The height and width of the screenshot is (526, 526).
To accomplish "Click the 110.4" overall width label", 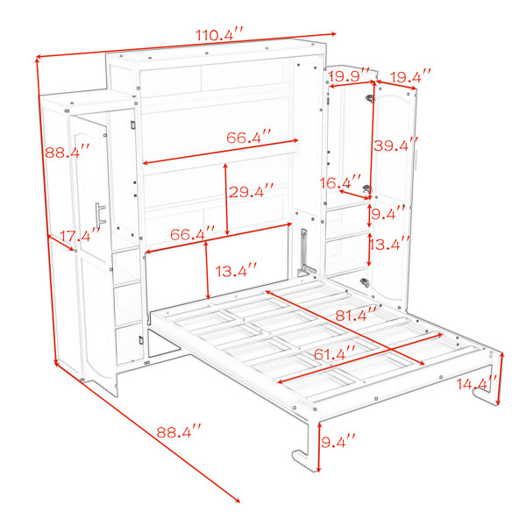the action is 218,34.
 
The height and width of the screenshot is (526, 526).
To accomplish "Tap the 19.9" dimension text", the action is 349,75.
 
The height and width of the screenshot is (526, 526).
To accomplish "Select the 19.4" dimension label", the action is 411,77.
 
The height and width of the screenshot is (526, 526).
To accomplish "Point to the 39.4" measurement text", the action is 396,146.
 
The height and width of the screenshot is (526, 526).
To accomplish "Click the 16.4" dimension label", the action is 340,182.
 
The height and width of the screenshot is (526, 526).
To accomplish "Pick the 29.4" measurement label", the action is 251,191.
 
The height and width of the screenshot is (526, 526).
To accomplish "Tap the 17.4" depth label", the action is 80,235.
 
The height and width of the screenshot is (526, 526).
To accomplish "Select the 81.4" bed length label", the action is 356,315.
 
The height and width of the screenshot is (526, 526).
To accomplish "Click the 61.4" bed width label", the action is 334,354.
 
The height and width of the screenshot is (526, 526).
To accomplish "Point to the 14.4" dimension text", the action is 476,383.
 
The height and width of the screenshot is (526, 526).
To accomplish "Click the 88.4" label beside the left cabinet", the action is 68,152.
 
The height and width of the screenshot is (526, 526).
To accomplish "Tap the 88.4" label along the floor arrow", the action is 179,431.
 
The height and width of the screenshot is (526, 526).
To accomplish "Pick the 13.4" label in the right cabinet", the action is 388,244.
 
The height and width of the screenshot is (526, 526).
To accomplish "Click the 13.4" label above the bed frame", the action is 236,270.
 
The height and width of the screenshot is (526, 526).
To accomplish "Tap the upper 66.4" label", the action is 249,138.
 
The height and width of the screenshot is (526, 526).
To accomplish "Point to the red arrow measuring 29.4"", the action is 226,199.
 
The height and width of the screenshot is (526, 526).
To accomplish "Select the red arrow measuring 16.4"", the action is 354,195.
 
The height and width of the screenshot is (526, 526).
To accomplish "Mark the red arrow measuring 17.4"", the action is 60,243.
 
